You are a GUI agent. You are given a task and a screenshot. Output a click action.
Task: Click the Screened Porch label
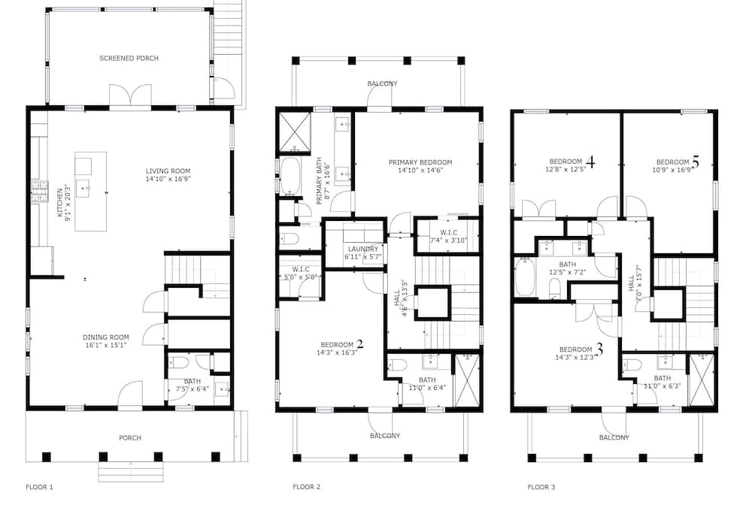129,59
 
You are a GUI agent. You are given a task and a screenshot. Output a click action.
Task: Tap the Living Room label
168,175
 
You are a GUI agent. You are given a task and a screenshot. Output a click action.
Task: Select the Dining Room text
106,341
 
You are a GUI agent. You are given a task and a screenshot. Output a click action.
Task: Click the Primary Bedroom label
420,166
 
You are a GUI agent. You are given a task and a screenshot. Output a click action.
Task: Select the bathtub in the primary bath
290,176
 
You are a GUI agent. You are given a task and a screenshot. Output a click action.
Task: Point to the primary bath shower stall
294,132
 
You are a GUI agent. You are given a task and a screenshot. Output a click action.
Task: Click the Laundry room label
363,253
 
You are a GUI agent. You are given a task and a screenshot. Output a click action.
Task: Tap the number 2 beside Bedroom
359,344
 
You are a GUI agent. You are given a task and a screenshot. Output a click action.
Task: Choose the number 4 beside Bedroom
590,162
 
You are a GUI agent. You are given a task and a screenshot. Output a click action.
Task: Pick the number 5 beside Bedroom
696,162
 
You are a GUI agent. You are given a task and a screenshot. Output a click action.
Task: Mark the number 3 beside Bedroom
599,349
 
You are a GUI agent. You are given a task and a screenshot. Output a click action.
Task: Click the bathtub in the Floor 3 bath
526,277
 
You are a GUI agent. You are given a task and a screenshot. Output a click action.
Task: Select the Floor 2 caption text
307,487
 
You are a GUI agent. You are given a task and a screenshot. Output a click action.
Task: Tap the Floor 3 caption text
541,487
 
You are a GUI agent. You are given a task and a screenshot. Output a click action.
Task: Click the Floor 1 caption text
39,487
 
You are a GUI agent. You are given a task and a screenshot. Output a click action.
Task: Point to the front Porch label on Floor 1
130,438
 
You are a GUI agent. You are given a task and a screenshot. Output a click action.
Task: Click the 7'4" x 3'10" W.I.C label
448,237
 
